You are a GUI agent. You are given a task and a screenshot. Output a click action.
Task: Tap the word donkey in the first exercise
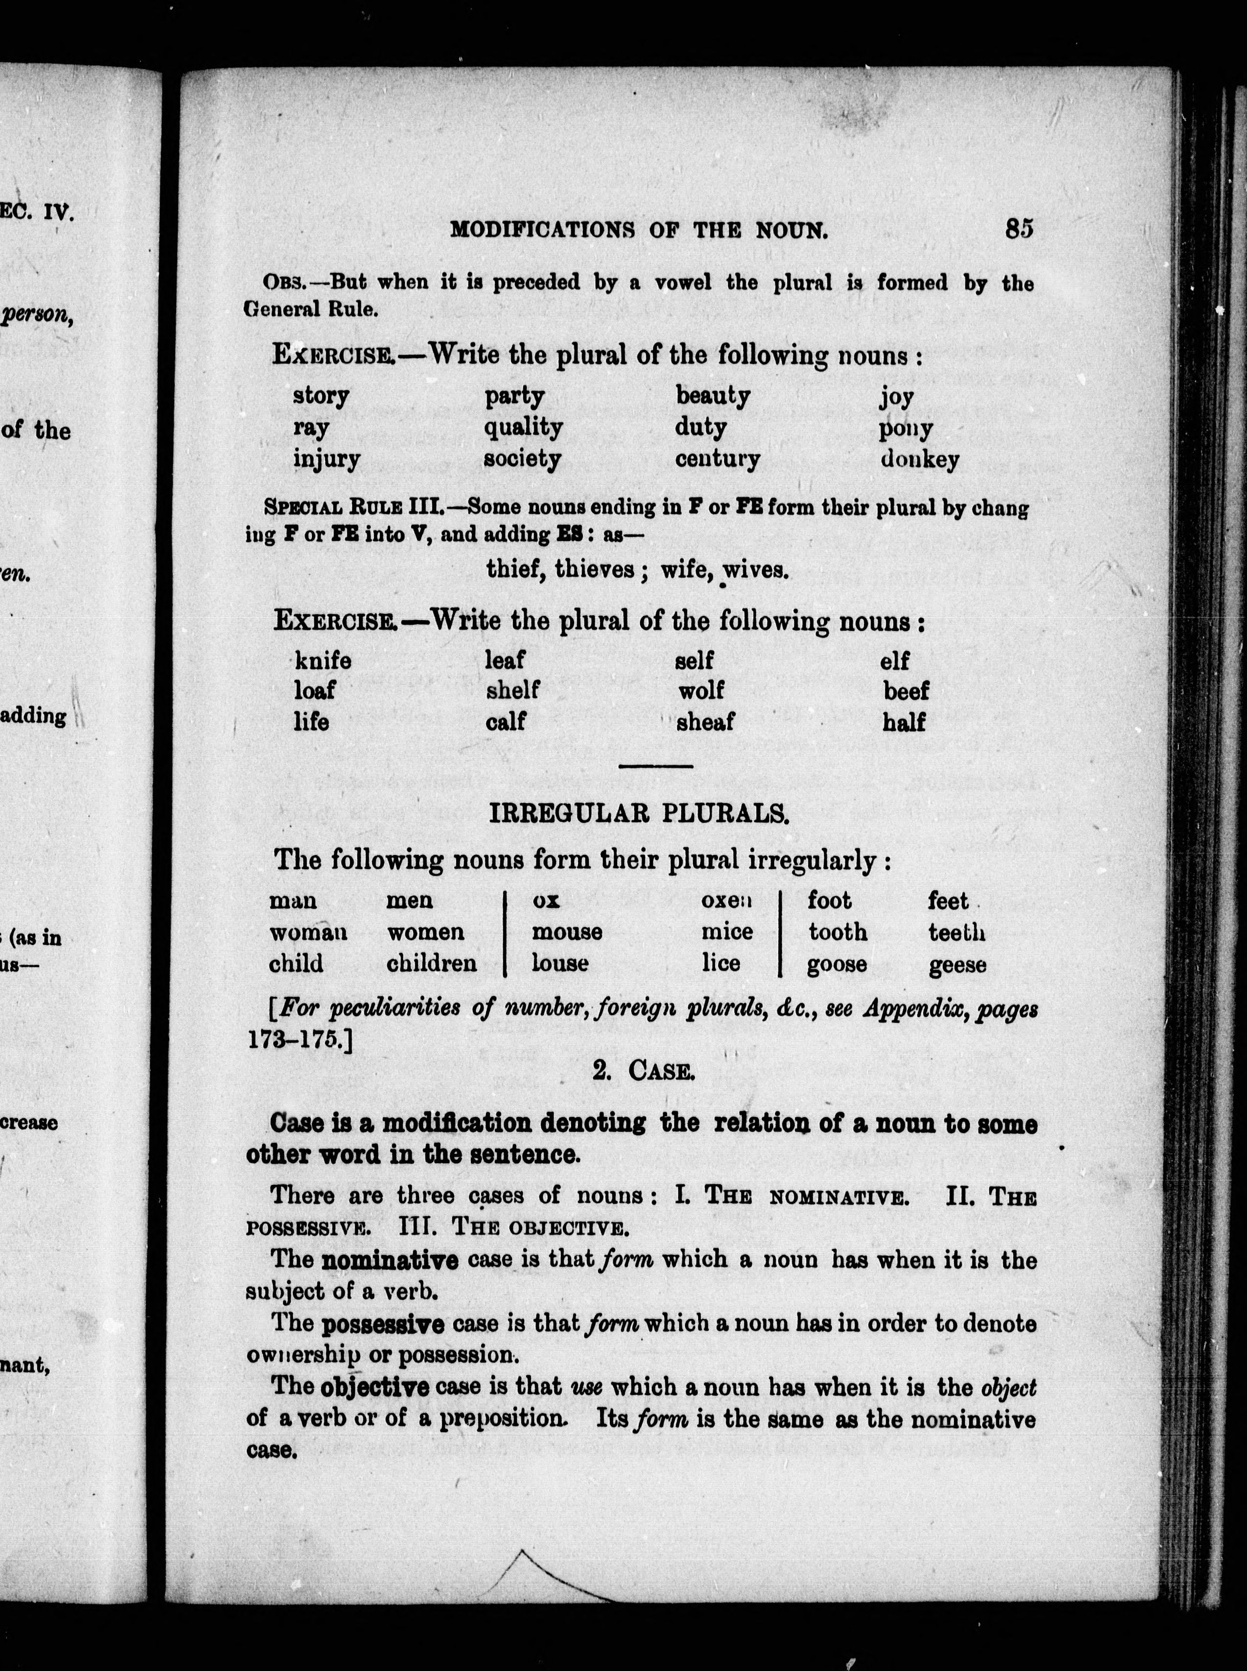coord(919,459)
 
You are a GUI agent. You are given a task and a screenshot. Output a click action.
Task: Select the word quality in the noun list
coord(523,428)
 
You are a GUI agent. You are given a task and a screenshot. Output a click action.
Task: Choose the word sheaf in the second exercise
coord(705,722)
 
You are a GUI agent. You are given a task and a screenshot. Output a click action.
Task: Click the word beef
coord(906,691)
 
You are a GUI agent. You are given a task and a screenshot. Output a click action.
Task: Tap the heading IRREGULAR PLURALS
coord(639,813)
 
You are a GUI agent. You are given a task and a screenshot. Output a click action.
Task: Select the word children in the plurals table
coord(431,964)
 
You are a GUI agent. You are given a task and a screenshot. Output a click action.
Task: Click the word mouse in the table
coord(567,932)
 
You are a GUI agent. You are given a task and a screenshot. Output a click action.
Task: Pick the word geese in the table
coord(957,965)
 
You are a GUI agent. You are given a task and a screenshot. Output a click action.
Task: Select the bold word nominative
coord(389,1260)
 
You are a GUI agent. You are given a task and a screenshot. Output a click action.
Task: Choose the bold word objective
coord(375,1387)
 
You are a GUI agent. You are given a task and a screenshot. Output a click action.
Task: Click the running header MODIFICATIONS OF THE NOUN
coord(639,229)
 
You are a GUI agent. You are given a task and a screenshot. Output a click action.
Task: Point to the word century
coord(717,459)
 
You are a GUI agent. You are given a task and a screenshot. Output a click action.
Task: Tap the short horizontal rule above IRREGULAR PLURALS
coord(655,767)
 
